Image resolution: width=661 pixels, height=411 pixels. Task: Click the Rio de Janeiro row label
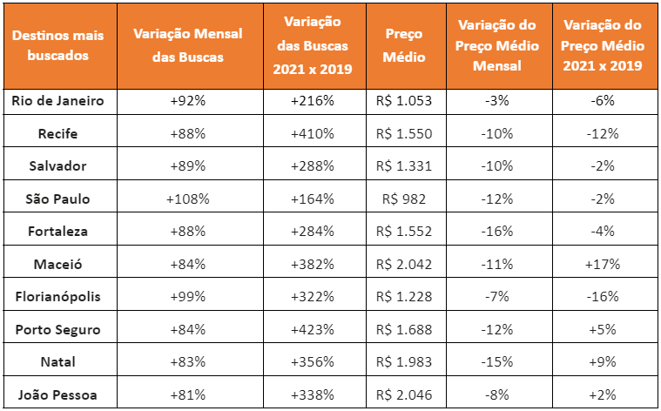coord(57,101)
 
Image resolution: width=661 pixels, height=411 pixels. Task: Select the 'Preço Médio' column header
coord(404,45)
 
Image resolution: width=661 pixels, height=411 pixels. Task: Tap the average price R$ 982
coord(404,199)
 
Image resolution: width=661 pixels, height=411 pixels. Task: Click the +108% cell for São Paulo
coord(187,199)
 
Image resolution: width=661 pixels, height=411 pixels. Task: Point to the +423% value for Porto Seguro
coord(313,329)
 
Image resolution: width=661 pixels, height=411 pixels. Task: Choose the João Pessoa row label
coord(57,395)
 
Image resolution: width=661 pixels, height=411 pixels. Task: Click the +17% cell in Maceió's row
coord(603,265)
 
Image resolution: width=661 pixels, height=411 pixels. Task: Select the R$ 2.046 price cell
coord(404,395)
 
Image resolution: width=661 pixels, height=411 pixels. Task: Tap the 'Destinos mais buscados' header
coord(57,45)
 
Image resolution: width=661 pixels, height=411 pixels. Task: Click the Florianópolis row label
coord(57,297)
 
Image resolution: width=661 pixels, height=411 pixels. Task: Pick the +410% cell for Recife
coord(313,133)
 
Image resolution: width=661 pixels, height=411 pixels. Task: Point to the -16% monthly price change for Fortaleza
coord(497,232)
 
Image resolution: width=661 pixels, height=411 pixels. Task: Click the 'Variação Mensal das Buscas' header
coord(187,45)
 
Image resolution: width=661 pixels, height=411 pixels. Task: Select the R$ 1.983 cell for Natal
coord(404,362)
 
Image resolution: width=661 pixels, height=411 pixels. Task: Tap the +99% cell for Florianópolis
coord(187,297)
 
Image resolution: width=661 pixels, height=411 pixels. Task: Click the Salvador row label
coord(57,166)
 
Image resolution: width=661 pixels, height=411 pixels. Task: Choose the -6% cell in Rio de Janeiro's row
coord(603,101)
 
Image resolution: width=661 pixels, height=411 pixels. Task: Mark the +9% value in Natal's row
coord(603,362)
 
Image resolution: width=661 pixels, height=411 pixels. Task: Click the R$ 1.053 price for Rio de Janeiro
coord(404,101)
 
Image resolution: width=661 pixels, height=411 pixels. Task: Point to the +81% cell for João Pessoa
coord(187,395)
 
